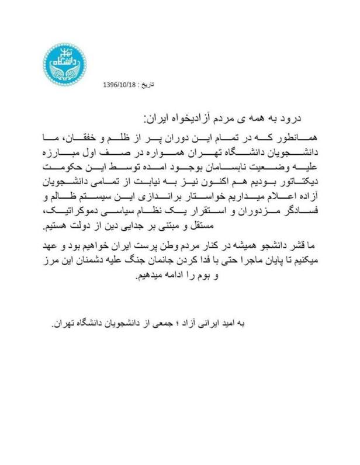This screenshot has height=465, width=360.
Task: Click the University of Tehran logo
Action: click(65, 64)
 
